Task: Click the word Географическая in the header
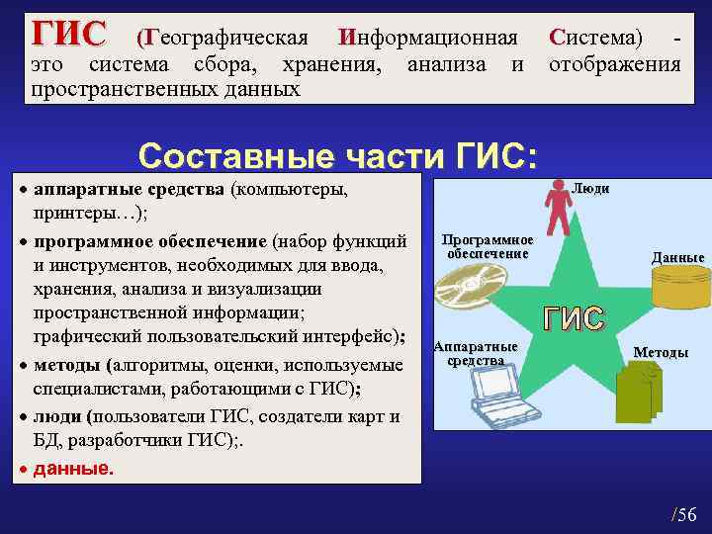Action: (222, 39)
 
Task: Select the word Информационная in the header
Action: (427, 39)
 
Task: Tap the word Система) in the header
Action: (594, 39)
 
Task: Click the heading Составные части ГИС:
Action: (339, 156)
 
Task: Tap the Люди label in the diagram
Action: (590, 188)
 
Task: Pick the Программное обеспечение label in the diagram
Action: (488, 247)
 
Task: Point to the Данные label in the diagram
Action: (677, 258)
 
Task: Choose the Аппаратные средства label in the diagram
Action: (476, 354)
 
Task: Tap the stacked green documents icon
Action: (639, 393)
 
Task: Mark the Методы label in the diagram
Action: (661, 353)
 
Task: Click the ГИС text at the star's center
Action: (574, 318)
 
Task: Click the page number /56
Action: (683, 513)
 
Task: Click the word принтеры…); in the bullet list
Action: (89, 213)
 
